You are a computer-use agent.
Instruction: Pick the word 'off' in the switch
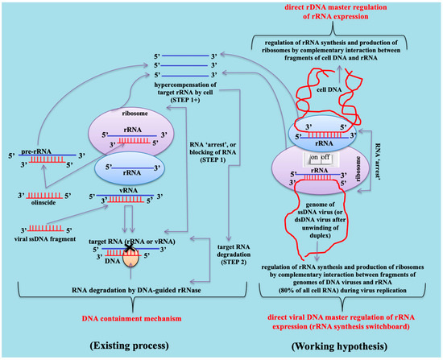[342, 160]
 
